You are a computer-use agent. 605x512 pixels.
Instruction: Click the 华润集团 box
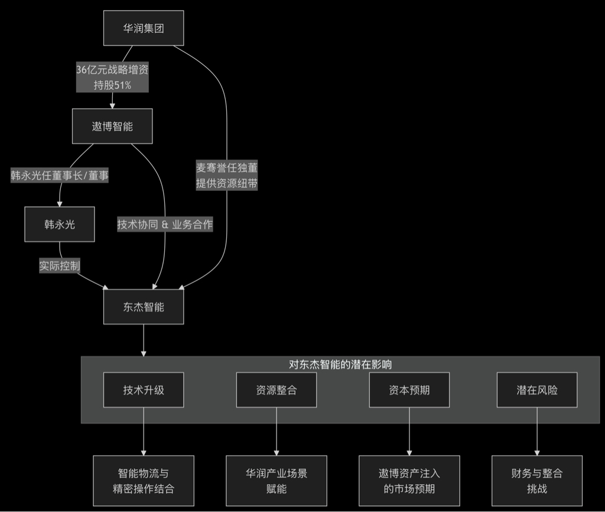click(144, 28)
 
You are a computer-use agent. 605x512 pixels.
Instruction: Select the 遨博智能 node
click(112, 126)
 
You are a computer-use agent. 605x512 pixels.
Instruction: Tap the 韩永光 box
click(60, 224)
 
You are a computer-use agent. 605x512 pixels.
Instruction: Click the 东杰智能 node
click(144, 307)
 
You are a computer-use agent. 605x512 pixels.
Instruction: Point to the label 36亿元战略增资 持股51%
click(112, 77)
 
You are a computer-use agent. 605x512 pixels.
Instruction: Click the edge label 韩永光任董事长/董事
click(60, 175)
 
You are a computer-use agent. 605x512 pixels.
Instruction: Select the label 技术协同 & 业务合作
click(165, 224)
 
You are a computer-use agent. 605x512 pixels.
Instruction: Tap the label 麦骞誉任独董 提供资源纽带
click(227, 175)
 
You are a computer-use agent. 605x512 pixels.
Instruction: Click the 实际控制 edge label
click(60, 265)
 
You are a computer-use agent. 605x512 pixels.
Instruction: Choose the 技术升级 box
click(144, 390)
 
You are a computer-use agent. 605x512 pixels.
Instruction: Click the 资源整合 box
click(276, 390)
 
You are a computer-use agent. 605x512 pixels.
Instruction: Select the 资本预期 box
click(409, 390)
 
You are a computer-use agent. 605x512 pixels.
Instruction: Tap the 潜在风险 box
click(536, 390)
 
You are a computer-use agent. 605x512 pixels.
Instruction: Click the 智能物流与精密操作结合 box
click(144, 481)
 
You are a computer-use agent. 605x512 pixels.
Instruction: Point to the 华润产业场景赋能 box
click(276, 481)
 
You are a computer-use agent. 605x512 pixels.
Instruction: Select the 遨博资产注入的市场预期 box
click(409, 481)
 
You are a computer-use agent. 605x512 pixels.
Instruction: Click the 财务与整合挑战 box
click(536, 481)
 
